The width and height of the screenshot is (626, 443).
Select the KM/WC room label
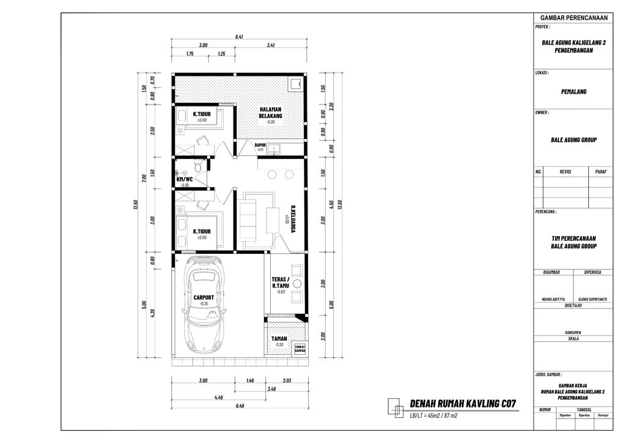coord(184,180)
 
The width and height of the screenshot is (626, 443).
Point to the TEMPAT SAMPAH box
coord(300,348)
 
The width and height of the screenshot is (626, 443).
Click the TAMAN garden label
coord(279,338)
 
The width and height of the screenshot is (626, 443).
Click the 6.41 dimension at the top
coord(239,37)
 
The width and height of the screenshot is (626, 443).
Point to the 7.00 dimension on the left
coord(144,178)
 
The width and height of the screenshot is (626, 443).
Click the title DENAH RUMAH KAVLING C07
coord(463,404)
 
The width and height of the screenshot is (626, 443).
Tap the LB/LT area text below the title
coord(434,416)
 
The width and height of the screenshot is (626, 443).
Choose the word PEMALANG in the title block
coord(573,91)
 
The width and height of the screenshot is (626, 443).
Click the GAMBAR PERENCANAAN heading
coord(573,18)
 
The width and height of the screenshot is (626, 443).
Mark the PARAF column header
coord(600,172)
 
